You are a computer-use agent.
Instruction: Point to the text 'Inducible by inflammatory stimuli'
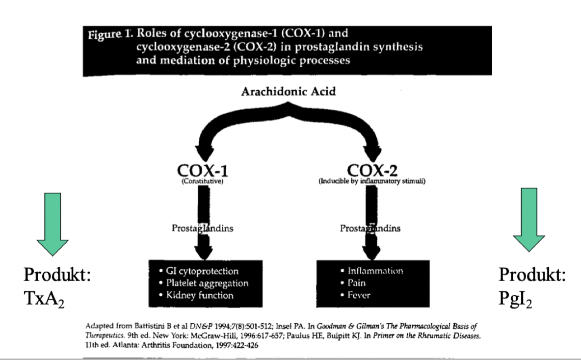[x=372, y=181]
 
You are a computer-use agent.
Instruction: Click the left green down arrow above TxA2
[x=53, y=220]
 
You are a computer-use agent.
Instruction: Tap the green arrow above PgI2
[x=529, y=220]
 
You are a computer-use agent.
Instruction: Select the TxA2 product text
[x=45, y=299]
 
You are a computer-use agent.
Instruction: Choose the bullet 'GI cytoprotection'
[x=198, y=271]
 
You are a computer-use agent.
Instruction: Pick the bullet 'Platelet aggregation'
[x=203, y=283]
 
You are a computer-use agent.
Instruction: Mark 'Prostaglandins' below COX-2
[x=370, y=228]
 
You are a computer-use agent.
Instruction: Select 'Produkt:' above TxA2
[x=57, y=275]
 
